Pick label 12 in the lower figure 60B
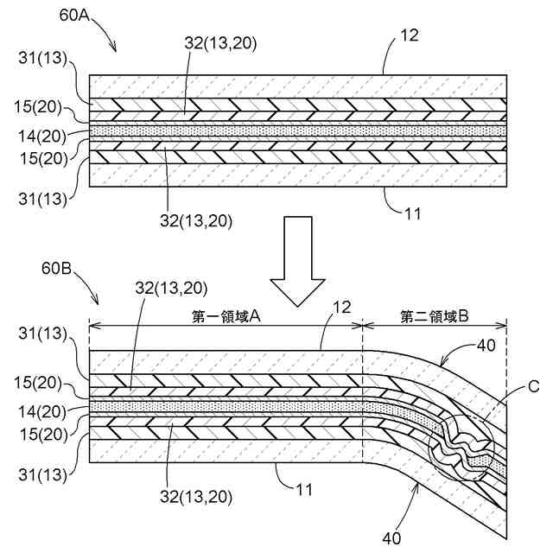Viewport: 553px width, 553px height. [342, 306]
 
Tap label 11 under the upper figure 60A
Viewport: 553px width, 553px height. [412, 211]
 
